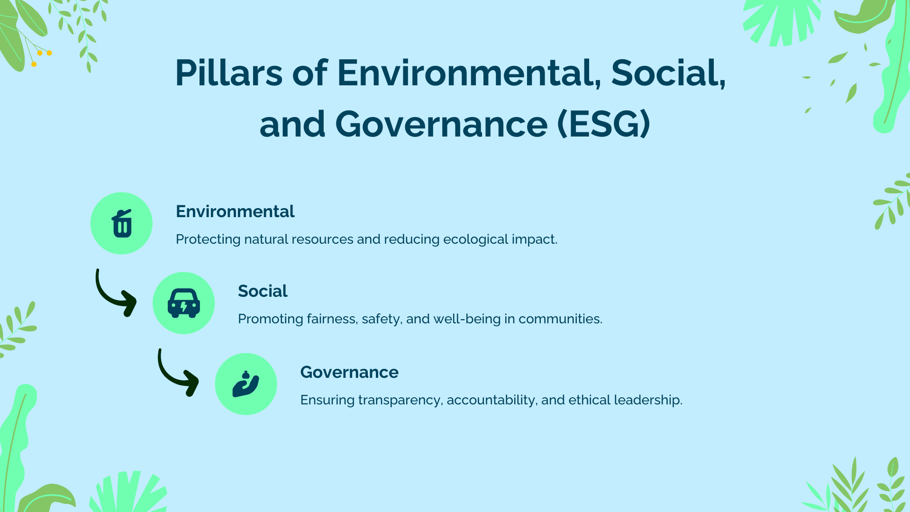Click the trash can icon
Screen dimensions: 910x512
[x=122, y=223]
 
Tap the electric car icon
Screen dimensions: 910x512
[x=184, y=303]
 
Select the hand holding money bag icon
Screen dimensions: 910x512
[x=246, y=384]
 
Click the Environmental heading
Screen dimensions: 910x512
[x=235, y=211]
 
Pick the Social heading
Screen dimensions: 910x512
[x=263, y=291]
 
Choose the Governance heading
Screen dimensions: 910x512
[x=349, y=372]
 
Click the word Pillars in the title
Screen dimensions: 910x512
[x=229, y=73]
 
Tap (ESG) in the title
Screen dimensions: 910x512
[x=603, y=124]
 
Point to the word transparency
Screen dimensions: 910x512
[x=400, y=400]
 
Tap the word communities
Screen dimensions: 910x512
[x=560, y=319]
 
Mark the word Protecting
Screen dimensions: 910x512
[x=208, y=239]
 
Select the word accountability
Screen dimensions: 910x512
[x=492, y=400]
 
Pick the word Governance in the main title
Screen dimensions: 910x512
[x=441, y=124]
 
